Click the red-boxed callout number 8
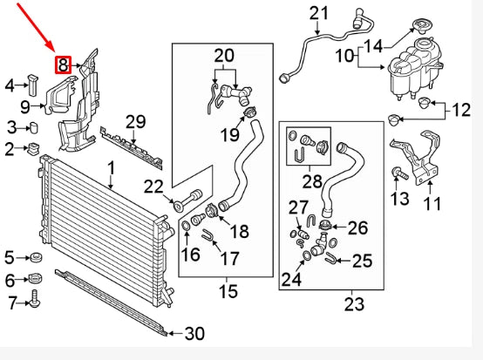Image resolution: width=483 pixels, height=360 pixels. pyautogui.click(x=64, y=65)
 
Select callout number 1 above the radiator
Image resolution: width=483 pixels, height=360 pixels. pyautogui.click(x=112, y=166)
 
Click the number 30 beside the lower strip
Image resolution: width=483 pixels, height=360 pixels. pyautogui.click(x=194, y=333)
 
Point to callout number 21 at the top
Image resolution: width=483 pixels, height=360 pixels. pyautogui.click(x=320, y=13)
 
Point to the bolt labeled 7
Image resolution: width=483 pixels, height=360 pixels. pyautogui.click(x=35, y=299)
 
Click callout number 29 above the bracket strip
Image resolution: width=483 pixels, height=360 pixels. pyautogui.click(x=135, y=121)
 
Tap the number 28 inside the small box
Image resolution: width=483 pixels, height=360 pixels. pyautogui.click(x=312, y=181)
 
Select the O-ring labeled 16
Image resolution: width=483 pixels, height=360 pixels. pyautogui.click(x=186, y=229)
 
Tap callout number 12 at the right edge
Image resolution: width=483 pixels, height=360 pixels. pyautogui.click(x=461, y=110)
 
